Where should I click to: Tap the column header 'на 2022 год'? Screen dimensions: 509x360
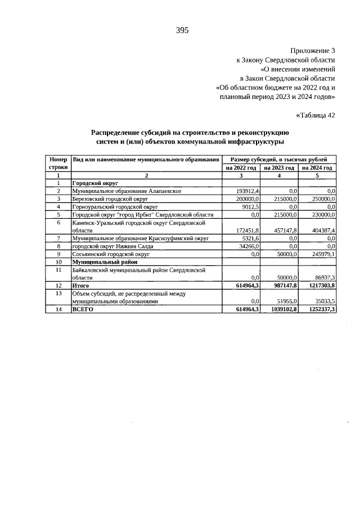[241, 168]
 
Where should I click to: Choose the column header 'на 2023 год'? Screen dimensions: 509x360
[279, 168]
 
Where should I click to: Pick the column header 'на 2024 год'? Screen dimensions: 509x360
[317, 168]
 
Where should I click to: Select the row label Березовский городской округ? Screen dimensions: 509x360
[110, 199]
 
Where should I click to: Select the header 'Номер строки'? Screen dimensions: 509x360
[58, 164]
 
